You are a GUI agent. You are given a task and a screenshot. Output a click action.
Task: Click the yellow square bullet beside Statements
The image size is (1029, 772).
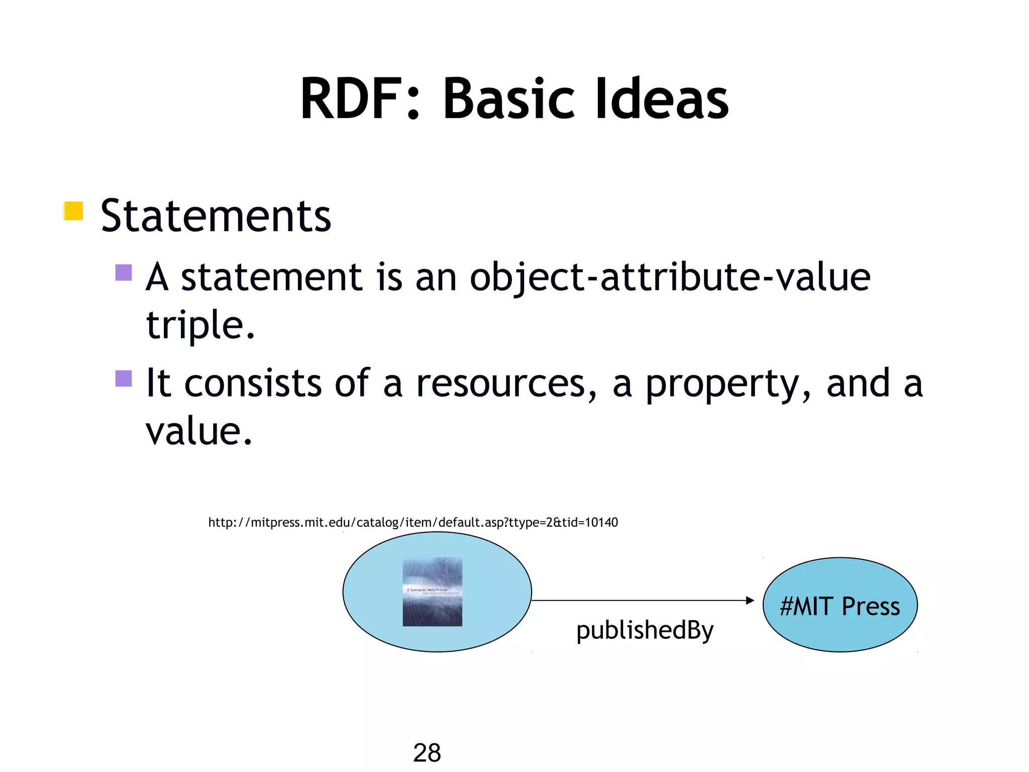tap(73, 211)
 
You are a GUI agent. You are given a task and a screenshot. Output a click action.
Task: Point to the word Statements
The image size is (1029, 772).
tap(216, 216)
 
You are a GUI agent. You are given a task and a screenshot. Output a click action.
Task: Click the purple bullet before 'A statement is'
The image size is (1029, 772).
tap(124, 272)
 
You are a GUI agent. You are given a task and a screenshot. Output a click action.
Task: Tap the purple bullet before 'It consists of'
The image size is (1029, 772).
tap(124, 378)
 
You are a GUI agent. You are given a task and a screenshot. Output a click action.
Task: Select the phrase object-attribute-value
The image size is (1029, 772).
tap(670, 277)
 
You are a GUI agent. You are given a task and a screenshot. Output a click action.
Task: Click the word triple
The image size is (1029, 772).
tap(200, 325)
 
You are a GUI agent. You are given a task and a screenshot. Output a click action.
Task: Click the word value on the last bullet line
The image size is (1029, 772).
tap(198, 431)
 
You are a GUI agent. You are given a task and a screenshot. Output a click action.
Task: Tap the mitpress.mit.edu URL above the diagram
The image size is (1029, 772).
tap(413, 523)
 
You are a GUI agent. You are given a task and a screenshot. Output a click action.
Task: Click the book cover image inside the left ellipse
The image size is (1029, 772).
tap(432, 592)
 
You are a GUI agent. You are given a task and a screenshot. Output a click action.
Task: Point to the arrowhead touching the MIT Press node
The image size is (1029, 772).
tap(750, 600)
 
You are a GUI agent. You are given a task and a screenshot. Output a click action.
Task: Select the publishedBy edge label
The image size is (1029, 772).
tap(645, 630)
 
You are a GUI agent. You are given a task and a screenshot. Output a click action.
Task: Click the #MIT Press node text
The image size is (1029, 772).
tap(840, 606)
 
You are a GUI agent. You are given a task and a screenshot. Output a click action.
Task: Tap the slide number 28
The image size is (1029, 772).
tap(427, 753)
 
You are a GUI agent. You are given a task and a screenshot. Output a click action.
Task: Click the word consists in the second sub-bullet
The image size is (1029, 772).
tap(253, 383)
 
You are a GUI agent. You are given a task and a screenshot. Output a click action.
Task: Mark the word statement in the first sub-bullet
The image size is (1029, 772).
tap(271, 277)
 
